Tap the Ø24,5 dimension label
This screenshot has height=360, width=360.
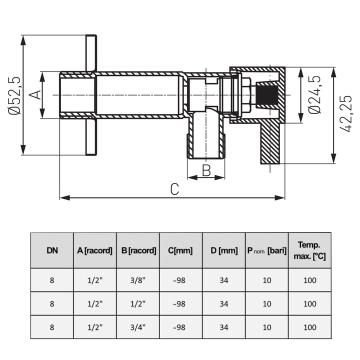point(314,95)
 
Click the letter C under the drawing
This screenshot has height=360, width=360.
point(174,190)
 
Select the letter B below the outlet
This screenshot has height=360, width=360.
point(206,170)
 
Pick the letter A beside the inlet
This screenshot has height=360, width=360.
point(35,94)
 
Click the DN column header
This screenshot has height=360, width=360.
point(52,250)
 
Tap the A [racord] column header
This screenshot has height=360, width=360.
point(95,250)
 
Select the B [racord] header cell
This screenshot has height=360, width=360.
point(138,250)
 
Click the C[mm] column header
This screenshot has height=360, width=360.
point(181,250)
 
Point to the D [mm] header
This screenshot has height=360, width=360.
point(224,250)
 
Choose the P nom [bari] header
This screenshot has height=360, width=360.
point(266,250)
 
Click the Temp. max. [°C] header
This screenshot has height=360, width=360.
point(309,249)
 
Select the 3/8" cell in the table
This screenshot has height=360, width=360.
point(138,280)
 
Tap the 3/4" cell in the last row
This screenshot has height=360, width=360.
point(138,327)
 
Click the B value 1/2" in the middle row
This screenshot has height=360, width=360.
point(138,303)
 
